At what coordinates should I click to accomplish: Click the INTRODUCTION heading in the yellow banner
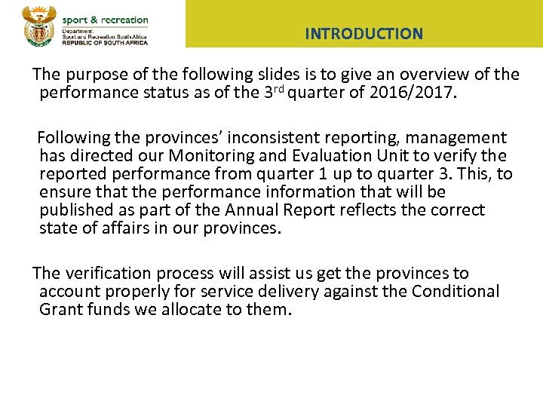click(364, 34)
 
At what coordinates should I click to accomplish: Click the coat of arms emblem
click(37, 25)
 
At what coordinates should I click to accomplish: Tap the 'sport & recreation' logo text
click(105, 20)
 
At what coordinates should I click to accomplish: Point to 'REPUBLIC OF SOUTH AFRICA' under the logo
click(105, 42)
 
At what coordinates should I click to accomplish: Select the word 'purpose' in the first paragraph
click(97, 75)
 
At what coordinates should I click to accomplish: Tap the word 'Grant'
click(60, 310)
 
